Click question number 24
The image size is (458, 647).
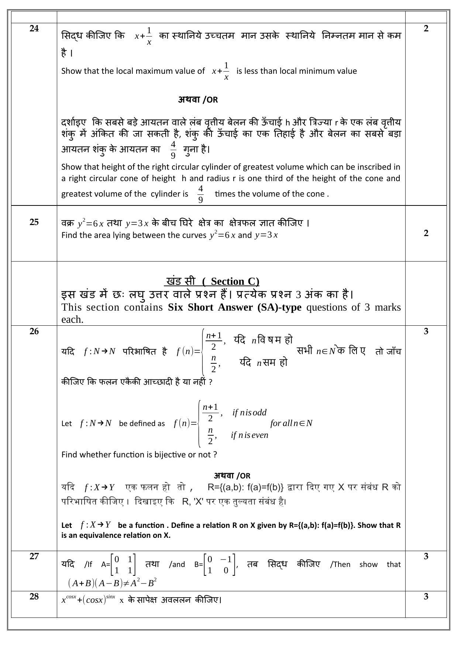tap(34, 29)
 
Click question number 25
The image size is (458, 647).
tap(34, 222)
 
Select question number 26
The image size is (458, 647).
tap(34, 331)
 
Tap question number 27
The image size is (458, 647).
tap(34, 556)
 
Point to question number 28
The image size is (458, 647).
tap(34, 596)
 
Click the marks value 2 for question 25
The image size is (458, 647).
tap(426, 233)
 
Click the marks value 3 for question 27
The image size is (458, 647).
tap(426, 556)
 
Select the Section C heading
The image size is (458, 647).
tap(212, 281)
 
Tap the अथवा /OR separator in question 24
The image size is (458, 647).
tap(198, 100)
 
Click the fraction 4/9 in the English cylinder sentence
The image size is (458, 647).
tap(200, 194)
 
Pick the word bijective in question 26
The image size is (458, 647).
tap(170, 454)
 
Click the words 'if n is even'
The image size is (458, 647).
tap(249, 435)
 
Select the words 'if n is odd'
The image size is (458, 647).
tap(249, 412)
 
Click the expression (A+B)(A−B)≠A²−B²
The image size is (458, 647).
tap(113, 583)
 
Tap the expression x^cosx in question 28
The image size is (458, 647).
tap(69, 599)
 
